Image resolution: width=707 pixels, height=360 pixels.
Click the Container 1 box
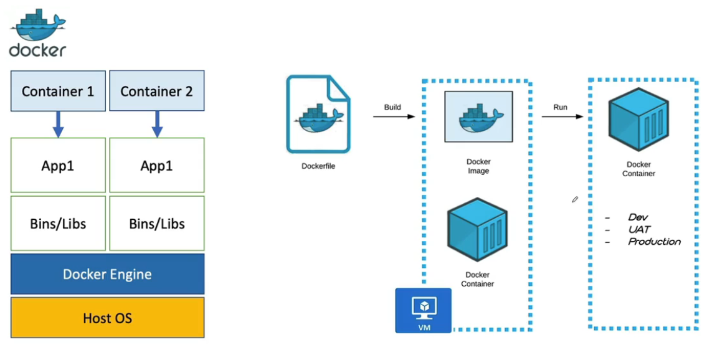tap(58, 90)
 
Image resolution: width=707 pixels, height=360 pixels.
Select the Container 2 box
tap(157, 90)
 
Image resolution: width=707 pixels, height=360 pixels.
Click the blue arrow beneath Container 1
tap(58, 125)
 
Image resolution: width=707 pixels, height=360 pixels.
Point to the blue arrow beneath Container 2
tap(157, 125)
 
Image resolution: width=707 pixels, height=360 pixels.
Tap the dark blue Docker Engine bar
tap(107, 274)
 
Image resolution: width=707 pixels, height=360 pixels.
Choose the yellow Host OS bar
tap(107, 318)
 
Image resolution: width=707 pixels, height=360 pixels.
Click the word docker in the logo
tap(37, 50)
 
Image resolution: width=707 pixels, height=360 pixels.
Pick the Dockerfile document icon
tap(318, 115)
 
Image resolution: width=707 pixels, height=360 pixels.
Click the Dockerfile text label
tap(318, 166)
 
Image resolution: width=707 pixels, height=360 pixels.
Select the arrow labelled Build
tap(394, 116)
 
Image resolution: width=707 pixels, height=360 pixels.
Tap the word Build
tap(392, 107)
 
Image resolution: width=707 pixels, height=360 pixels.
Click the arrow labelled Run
tap(562, 116)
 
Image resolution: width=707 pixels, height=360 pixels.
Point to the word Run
tap(561, 107)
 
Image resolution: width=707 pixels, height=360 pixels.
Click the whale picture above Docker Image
tap(478, 117)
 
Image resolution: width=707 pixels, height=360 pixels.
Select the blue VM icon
tap(424, 310)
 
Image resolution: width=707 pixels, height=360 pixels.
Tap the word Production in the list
tap(654, 242)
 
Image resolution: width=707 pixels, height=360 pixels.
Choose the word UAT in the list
tap(639, 230)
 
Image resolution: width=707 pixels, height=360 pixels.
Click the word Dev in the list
tap(638, 217)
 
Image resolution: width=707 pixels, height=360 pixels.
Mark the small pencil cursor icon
tap(575, 199)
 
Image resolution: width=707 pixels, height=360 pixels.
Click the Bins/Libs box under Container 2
tap(157, 223)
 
